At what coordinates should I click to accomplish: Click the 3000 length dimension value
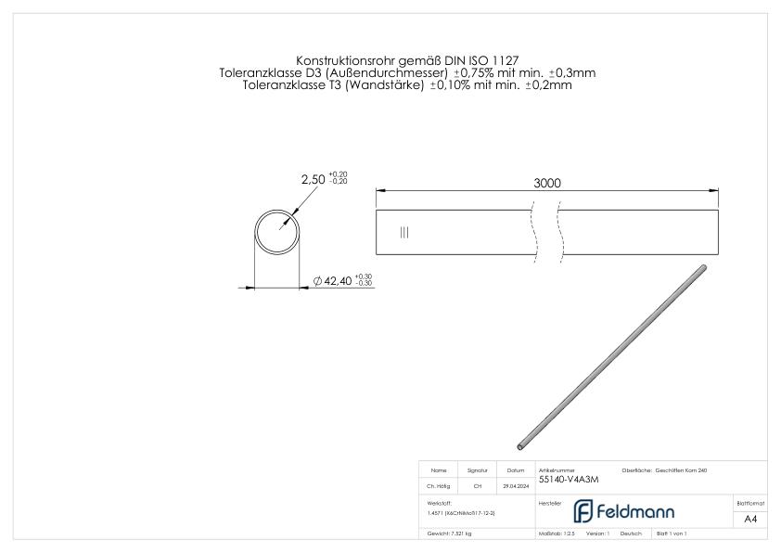546,184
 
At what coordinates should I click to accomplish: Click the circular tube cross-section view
279,232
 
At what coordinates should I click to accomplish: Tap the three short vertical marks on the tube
403,233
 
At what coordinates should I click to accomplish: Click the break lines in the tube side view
546,232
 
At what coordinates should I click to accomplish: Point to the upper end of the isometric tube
702,268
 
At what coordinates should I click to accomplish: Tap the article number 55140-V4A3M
569,480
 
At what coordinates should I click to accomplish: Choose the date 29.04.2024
517,485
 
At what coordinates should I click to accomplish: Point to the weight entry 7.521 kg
449,534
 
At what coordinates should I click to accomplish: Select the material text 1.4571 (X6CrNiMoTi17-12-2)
462,512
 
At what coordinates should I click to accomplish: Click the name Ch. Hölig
439,485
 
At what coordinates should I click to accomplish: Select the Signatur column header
477,470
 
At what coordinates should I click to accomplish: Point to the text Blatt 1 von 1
671,534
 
